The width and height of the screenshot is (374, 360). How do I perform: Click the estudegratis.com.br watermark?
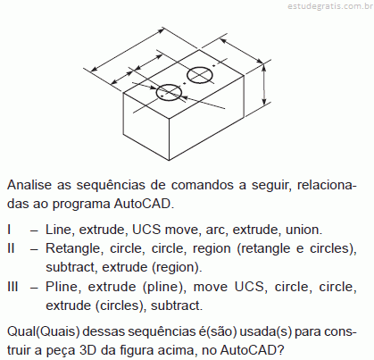coord(330,6)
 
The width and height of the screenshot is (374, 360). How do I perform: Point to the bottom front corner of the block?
coord(169,161)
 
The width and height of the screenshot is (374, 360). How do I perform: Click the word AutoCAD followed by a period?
coord(144,204)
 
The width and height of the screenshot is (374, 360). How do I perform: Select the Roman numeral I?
coord(9,230)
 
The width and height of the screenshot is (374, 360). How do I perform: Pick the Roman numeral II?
coord(11,248)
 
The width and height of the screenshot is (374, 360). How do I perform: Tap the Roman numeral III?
coord(12,287)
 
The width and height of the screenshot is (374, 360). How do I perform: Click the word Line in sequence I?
coord(60,230)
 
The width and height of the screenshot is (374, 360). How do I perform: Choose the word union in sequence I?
coord(303,230)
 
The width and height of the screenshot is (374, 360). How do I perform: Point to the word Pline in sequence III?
coord(62,287)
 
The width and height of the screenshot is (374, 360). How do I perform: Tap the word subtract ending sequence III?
coord(177,306)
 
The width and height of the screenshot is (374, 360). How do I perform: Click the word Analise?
coord(29,185)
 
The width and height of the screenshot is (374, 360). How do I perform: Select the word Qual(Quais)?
coord(44,331)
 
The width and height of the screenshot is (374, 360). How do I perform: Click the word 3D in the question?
coord(88,350)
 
